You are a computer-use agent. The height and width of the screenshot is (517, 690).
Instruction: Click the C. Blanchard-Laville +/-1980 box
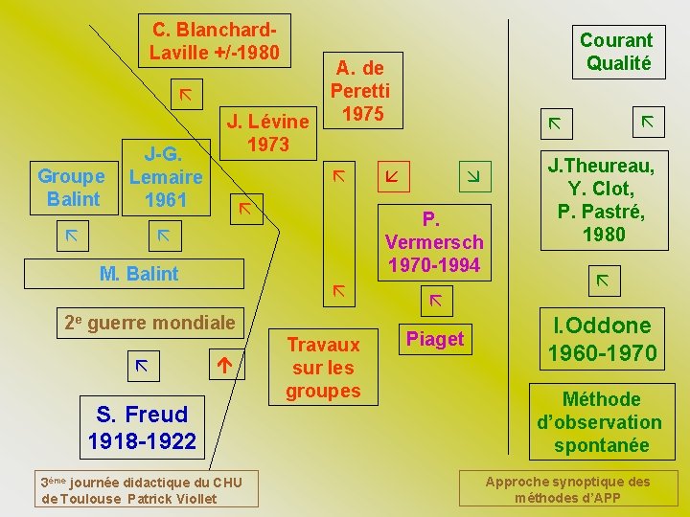(x=214, y=41)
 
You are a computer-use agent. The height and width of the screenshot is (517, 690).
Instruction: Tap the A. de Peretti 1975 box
(x=360, y=91)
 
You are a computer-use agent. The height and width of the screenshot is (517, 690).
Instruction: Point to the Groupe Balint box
(x=72, y=188)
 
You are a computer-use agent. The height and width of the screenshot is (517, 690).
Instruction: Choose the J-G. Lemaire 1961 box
(x=166, y=177)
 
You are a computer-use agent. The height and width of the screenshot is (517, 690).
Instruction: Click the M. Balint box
(x=139, y=274)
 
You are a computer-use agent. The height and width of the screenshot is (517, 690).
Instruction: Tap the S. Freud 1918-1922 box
(x=142, y=427)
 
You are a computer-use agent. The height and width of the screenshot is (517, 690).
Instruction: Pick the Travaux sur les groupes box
(x=323, y=368)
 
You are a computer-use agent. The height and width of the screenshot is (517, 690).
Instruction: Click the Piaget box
(x=435, y=339)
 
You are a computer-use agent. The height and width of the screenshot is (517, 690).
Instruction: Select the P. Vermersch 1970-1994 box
(x=434, y=241)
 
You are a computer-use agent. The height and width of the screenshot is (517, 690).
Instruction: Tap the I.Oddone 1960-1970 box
(x=602, y=339)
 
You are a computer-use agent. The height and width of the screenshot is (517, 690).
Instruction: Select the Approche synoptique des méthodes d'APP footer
(x=568, y=489)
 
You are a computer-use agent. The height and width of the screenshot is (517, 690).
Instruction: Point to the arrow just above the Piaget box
(x=435, y=301)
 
